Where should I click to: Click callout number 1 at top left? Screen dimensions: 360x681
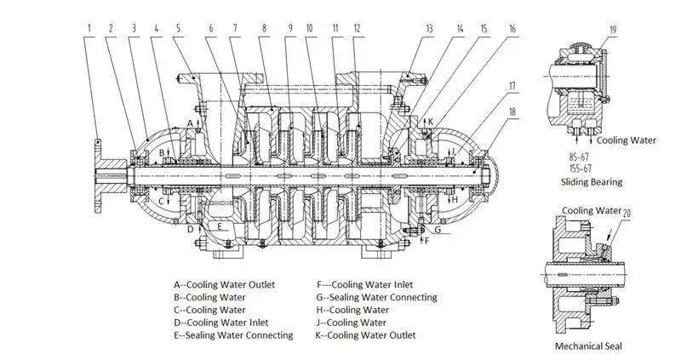click(x=89, y=28)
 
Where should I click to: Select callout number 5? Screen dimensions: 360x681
click(x=179, y=28)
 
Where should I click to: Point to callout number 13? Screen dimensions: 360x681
click(x=430, y=28)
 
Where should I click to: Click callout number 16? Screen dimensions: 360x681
click(x=513, y=28)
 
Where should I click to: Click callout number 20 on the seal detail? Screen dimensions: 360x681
click(x=627, y=213)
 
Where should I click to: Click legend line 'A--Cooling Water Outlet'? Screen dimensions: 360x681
click(x=224, y=285)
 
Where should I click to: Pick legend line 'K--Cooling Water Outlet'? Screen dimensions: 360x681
click(x=366, y=335)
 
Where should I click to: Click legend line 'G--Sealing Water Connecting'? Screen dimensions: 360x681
click(x=375, y=298)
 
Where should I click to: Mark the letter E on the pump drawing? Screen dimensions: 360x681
click(x=220, y=227)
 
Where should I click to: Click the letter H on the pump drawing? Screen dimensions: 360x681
click(x=456, y=199)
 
